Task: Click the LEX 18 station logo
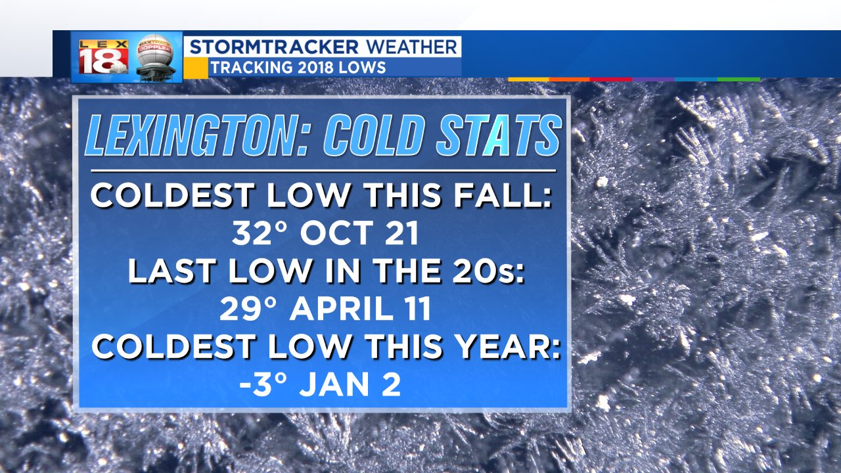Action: click(x=103, y=56)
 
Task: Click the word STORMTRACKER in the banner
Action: click(x=274, y=47)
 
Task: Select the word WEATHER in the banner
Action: click(x=411, y=47)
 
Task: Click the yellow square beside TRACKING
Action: click(x=196, y=68)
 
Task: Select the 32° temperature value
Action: click(x=260, y=233)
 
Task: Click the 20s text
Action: click(x=488, y=271)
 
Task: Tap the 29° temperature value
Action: click(x=248, y=309)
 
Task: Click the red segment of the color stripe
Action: click(x=611, y=79)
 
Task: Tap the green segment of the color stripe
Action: click(x=739, y=79)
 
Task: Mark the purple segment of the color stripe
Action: click(x=654, y=79)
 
